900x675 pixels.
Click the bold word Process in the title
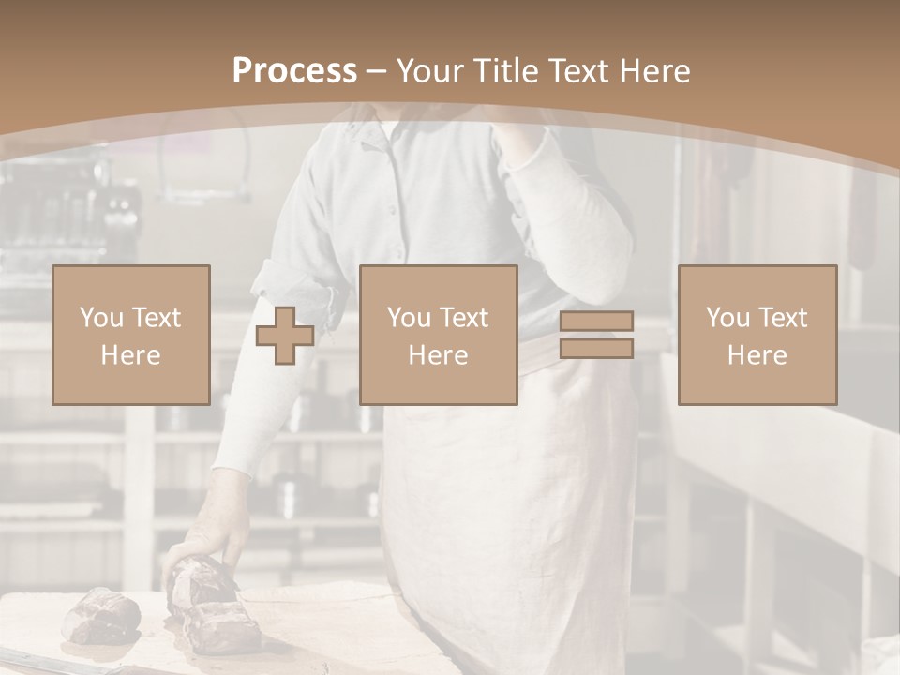tap(294, 71)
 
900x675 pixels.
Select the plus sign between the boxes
tap(285, 336)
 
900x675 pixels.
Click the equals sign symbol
tap(596, 335)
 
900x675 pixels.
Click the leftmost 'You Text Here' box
tap(130, 336)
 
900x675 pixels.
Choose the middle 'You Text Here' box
tap(438, 336)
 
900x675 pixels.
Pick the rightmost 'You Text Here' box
tap(757, 336)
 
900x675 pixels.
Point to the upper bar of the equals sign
tap(596, 322)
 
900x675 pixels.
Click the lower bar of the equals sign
tap(596, 348)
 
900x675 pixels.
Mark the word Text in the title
tap(577, 71)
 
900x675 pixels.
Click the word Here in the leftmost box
tap(130, 355)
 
